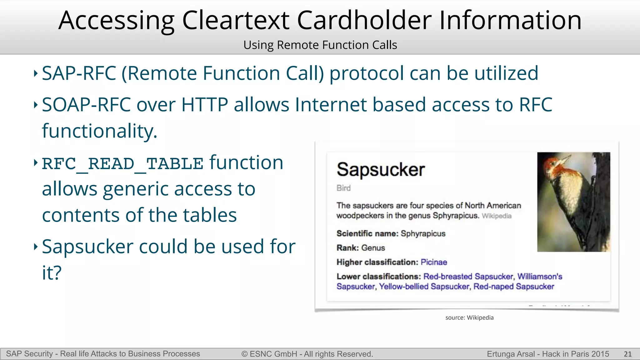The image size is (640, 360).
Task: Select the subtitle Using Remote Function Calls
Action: (x=320, y=45)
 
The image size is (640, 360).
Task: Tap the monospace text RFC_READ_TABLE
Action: (x=122, y=164)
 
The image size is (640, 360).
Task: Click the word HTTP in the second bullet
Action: (x=204, y=104)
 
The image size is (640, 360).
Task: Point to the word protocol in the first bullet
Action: (x=366, y=73)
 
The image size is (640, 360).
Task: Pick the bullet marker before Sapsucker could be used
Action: (x=36, y=247)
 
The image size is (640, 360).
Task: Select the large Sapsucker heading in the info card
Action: (x=381, y=170)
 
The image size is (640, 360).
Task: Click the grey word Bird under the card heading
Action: (x=343, y=188)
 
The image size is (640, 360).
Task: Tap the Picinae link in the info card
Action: (x=434, y=262)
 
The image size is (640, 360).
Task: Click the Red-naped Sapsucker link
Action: (x=514, y=287)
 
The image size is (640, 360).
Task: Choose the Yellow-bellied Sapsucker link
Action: (x=424, y=287)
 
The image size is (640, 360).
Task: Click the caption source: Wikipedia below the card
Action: (x=469, y=317)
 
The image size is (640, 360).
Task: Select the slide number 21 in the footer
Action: (x=627, y=354)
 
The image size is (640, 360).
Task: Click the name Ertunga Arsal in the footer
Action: (x=511, y=354)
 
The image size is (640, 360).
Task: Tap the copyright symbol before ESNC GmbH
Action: (x=244, y=354)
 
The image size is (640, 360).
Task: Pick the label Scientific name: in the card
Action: (x=367, y=233)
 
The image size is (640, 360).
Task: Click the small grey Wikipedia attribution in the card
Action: (x=497, y=216)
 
